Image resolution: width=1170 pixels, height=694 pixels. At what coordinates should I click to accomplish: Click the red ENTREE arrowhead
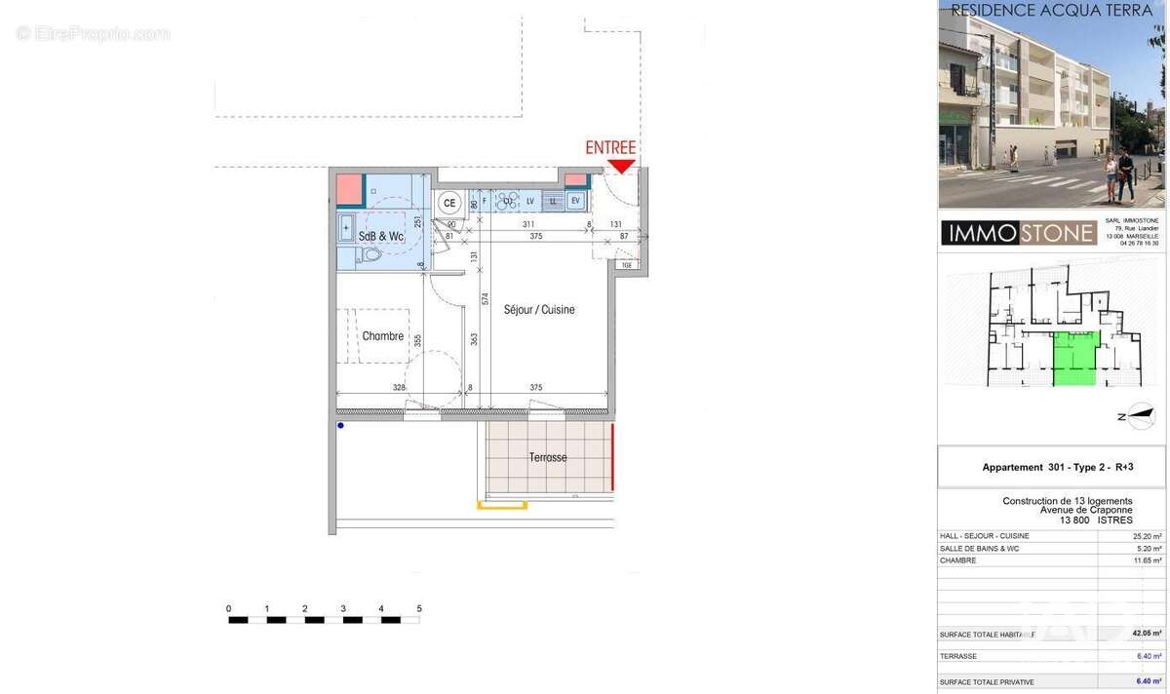pyautogui.click(x=621, y=167)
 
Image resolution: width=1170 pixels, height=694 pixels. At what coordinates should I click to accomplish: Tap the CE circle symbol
pyautogui.click(x=449, y=203)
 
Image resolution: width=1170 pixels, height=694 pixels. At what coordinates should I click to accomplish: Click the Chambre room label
pyautogui.click(x=382, y=336)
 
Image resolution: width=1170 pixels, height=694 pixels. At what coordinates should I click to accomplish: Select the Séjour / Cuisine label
pyautogui.click(x=539, y=310)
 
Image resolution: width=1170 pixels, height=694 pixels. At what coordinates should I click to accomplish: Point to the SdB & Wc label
pyautogui.click(x=381, y=237)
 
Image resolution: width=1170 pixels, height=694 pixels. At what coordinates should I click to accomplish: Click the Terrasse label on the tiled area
pyautogui.click(x=548, y=457)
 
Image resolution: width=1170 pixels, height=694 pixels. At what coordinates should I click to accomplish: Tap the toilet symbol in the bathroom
pyautogui.click(x=370, y=255)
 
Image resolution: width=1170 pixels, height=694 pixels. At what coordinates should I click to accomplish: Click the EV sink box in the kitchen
pyautogui.click(x=575, y=201)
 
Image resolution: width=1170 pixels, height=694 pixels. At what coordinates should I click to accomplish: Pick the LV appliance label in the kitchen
pyautogui.click(x=530, y=201)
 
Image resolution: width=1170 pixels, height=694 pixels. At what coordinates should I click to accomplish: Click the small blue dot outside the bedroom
pyautogui.click(x=340, y=425)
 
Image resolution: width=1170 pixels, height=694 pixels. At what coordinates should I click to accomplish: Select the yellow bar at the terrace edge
pyautogui.click(x=502, y=505)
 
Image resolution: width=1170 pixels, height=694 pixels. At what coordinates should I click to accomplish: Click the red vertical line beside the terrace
pyautogui.click(x=612, y=456)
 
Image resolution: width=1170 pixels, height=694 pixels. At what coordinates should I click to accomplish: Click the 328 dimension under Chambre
pyautogui.click(x=399, y=388)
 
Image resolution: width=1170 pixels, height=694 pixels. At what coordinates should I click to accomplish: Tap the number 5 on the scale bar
pyautogui.click(x=419, y=608)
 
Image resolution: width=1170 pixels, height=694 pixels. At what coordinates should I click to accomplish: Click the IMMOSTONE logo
pyautogui.click(x=1019, y=233)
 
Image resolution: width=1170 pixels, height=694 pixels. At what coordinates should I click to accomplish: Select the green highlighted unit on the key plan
pyautogui.click(x=1075, y=358)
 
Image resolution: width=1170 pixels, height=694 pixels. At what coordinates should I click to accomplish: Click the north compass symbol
pyautogui.click(x=1139, y=416)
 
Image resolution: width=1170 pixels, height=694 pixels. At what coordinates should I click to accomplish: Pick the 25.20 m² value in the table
pyautogui.click(x=1147, y=536)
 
